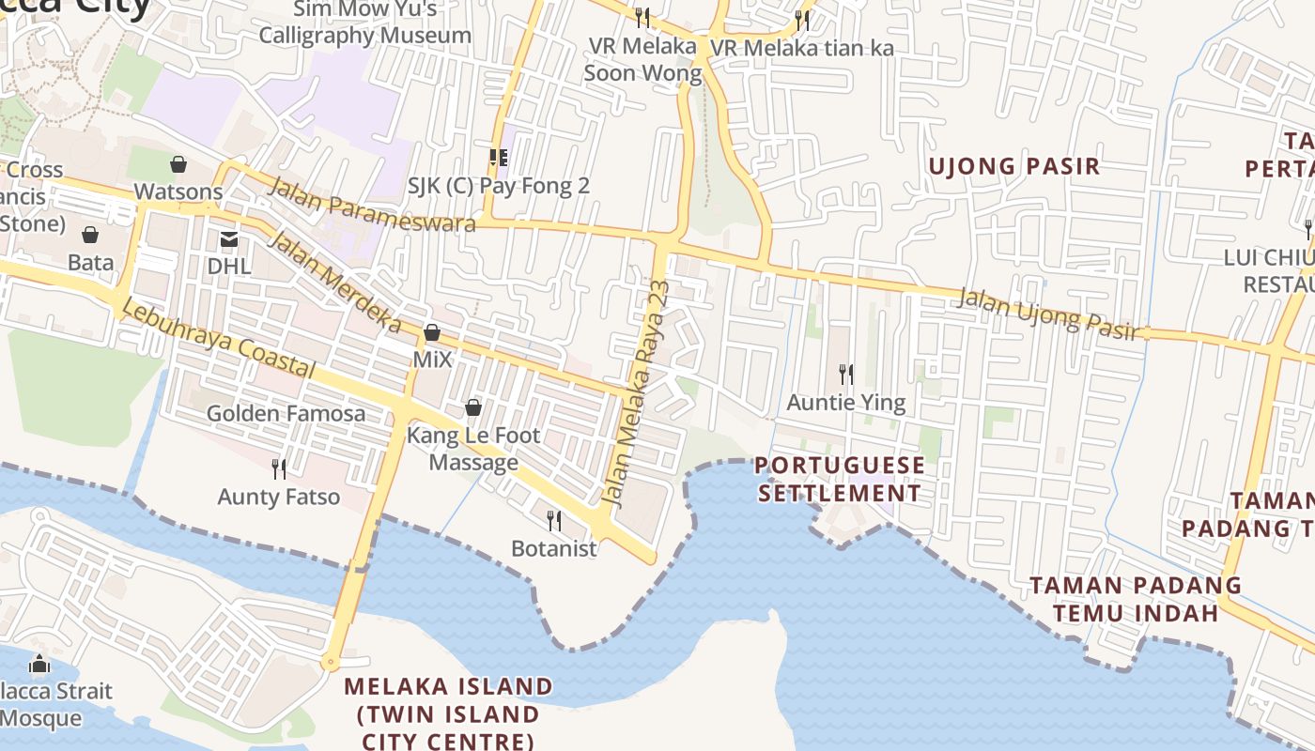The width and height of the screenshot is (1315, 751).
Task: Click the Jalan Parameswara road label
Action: pyautogui.click(x=372, y=204)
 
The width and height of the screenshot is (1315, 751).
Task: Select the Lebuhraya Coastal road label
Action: pyautogui.click(x=219, y=340)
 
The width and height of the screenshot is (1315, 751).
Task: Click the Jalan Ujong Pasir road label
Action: pyautogui.click(x=1047, y=314)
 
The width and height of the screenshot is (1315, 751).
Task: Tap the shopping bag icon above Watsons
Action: pyautogui.click(x=178, y=164)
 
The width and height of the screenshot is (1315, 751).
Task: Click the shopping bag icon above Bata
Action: pyautogui.click(x=90, y=234)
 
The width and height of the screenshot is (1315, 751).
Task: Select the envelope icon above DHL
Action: pyautogui.click(x=229, y=239)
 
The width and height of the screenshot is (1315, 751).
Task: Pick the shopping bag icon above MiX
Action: pyautogui.click(x=432, y=332)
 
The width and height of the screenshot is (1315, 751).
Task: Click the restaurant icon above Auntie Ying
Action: pyautogui.click(x=846, y=375)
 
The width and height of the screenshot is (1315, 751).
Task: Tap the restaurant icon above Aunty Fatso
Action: pyautogui.click(x=279, y=468)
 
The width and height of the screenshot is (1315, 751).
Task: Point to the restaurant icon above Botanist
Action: pyautogui.click(x=554, y=520)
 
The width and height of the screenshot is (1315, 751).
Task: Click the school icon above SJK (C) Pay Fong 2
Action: pyautogui.click(x=498, y=158)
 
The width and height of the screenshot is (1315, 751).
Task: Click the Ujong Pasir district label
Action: pyautogui.click(x=1013, y=166)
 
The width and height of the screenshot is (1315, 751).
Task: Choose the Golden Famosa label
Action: pyautogui.click(x=286, y=413)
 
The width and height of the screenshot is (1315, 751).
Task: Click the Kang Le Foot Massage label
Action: pyautogui.click(x=473, y=449)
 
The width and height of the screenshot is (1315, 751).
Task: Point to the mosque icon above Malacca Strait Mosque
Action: pyautogui.click(x=39, y=665)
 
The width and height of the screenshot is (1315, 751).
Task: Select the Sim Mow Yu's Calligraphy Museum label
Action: pyautogui.click(x=365, y=23)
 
